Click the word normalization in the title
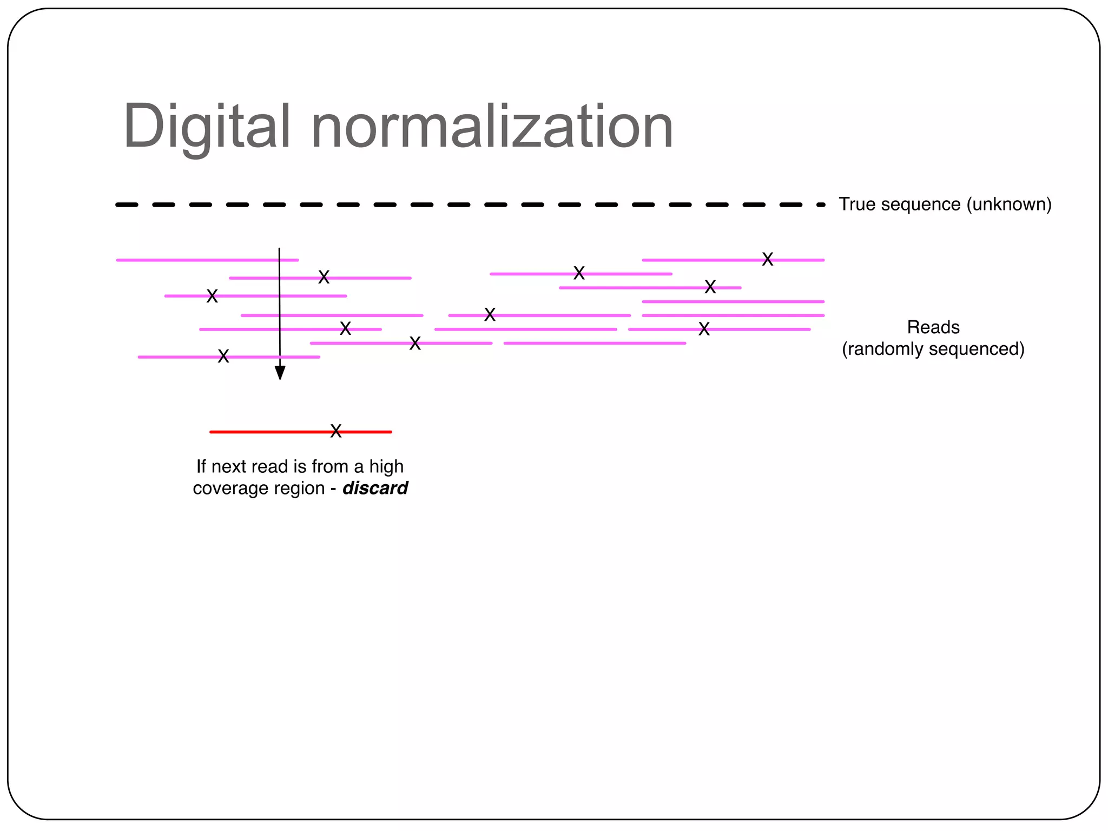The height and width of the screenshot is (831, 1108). (492, 127)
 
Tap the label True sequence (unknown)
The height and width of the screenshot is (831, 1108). (945, 205)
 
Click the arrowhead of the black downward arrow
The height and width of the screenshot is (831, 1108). (280, 373)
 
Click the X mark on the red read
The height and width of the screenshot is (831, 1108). (336, 431)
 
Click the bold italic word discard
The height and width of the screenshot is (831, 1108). (375, 488)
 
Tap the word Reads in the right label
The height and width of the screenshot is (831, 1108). (933, 327)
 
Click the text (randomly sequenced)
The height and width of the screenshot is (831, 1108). (933, 349)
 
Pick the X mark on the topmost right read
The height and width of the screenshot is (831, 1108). (767, 259)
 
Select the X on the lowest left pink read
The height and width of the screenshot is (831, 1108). (223, 356)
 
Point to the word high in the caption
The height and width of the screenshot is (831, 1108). (386, 466)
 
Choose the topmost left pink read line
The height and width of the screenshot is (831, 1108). (207, 260)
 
